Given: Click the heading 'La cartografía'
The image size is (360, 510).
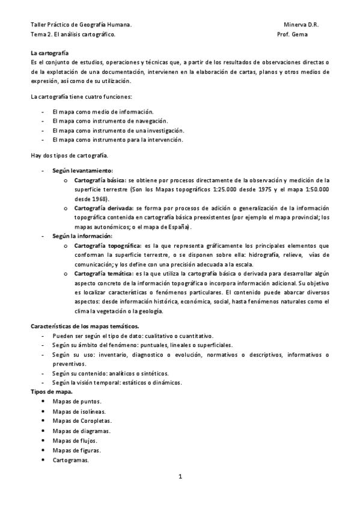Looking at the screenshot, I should click(x=49, y=54).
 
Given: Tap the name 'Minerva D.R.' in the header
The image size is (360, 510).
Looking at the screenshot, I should click(x=301, y=25).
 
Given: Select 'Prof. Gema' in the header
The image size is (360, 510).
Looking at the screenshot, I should click(x=292, y=35).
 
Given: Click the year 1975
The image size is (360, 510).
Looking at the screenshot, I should click(x=274, y=189).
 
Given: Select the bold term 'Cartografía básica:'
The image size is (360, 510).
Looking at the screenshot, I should click(x=100, y=180).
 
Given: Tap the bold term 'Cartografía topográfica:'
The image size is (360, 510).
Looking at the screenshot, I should click(x=108, y=245).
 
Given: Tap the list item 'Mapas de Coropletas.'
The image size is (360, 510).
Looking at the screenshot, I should click(x=82, y=421).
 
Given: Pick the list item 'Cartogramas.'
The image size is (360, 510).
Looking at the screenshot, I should click(x=70, y=460).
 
